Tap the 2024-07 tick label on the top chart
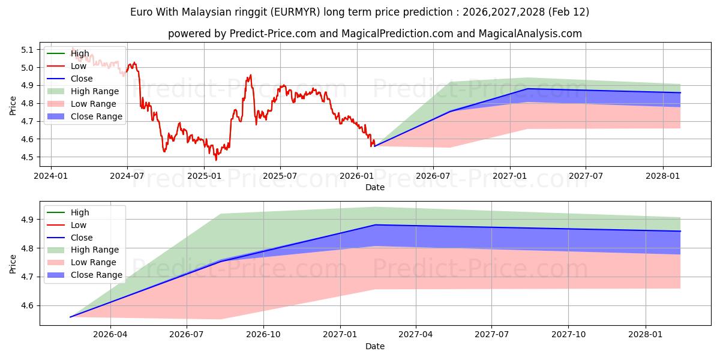(127, 176)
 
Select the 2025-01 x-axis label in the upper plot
(204, 176)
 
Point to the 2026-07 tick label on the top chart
(433, 176)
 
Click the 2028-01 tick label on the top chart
(662, 176)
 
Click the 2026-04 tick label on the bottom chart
(111, 335)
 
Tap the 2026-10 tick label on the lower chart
(264, 335)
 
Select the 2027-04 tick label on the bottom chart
(415, 335)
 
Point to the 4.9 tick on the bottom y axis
(28, 220)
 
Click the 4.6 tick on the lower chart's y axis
(28, 306)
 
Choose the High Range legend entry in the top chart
(95, 91)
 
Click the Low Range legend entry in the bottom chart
(94, 262)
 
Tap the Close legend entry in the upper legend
(82, 79)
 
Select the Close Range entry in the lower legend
(97, 275)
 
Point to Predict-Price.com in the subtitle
(272, 34)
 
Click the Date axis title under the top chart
(375, 187)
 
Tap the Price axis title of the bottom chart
(13, 263)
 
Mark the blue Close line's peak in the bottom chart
(375, 225)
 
